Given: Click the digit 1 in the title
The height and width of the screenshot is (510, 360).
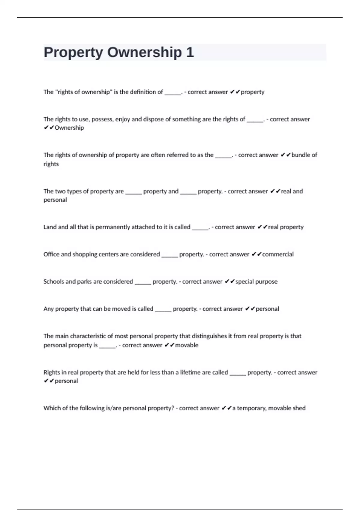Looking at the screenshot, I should [190, 52].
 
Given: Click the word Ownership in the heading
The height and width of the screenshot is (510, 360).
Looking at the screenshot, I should [144, 52].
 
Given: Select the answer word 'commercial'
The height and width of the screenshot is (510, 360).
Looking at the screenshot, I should [278, 254].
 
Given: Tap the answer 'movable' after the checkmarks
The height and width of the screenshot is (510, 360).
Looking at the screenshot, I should [187, 345].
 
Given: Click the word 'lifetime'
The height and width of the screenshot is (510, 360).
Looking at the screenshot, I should [190, 373].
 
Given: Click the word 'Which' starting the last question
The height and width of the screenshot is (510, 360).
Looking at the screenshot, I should [52, 408].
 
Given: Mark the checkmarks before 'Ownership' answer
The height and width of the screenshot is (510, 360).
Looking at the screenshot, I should [49, 128].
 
